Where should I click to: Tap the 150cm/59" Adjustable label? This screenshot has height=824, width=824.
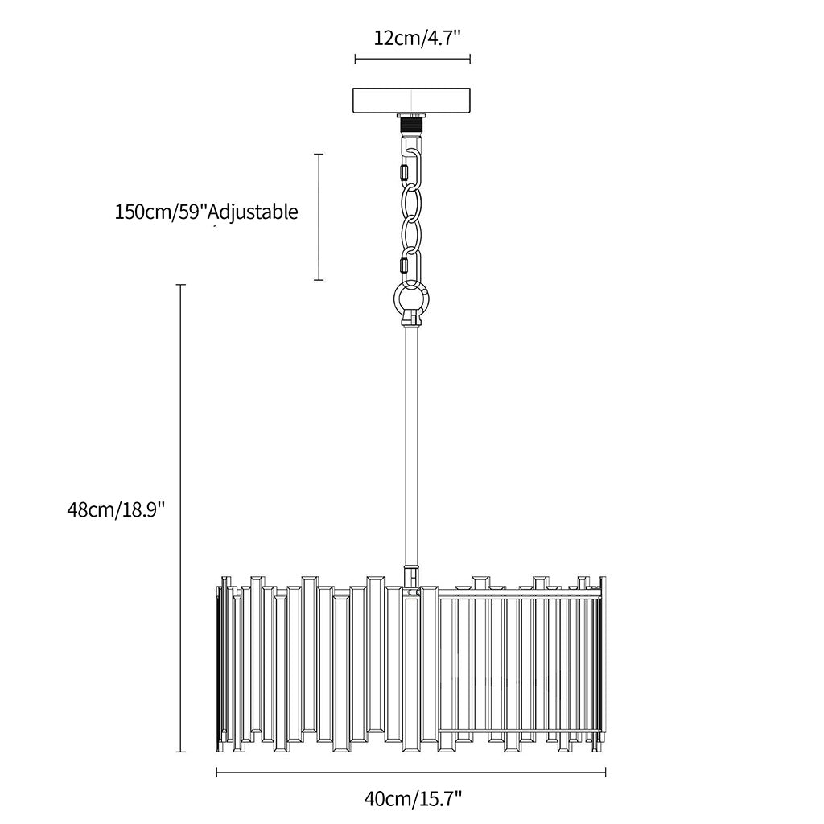click(x=207, y=212)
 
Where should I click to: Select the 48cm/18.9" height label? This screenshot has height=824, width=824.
click(x=116, y=509)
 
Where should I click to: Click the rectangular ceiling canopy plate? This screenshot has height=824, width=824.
click(x=411, y=101)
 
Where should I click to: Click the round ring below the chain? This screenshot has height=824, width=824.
click(x=411, y=300)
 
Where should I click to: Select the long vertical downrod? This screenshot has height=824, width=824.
click(x=411, y=446)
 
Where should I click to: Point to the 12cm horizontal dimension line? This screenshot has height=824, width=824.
click(x=413, y=59)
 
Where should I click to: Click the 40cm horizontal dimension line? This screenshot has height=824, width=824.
click(x=411, y=772)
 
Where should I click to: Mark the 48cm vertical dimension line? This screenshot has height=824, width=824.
click(x=181, y=518)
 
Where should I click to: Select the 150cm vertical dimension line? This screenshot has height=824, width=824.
click(x=319, y=217)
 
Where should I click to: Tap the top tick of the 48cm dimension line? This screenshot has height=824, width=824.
click(x=181, y=285)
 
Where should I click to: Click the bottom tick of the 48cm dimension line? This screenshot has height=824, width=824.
click(x=181, y=752)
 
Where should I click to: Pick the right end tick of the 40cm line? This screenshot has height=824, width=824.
click(x=606, y=772)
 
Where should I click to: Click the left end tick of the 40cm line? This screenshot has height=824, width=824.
click(x=217, y=772)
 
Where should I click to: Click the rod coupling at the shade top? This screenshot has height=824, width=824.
click(x=411, y=576)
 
